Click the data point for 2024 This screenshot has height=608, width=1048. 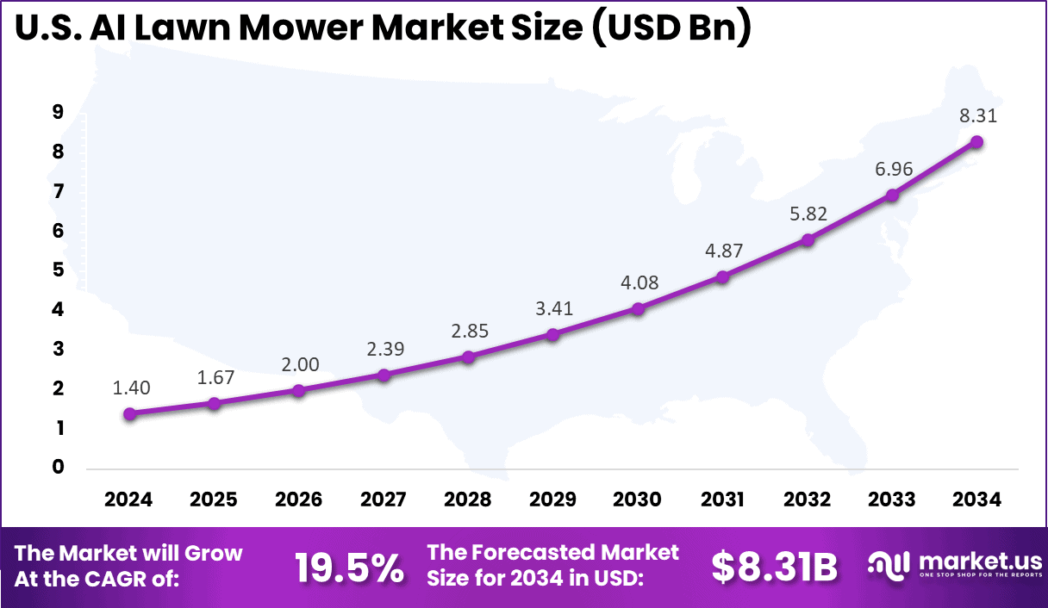(129, 413)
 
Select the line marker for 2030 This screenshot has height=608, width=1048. (638, 308)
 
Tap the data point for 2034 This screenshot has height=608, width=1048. (976, 142)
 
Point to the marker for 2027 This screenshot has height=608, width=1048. (384, 375)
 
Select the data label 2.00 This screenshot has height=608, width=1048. (299, 364)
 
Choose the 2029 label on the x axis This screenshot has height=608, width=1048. (553, 499)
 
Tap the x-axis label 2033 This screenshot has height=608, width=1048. (892, 499)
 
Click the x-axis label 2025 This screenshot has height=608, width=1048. (214, 499)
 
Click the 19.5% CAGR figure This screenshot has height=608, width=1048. (349, 568)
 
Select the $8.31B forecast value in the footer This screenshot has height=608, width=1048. (774, 568)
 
